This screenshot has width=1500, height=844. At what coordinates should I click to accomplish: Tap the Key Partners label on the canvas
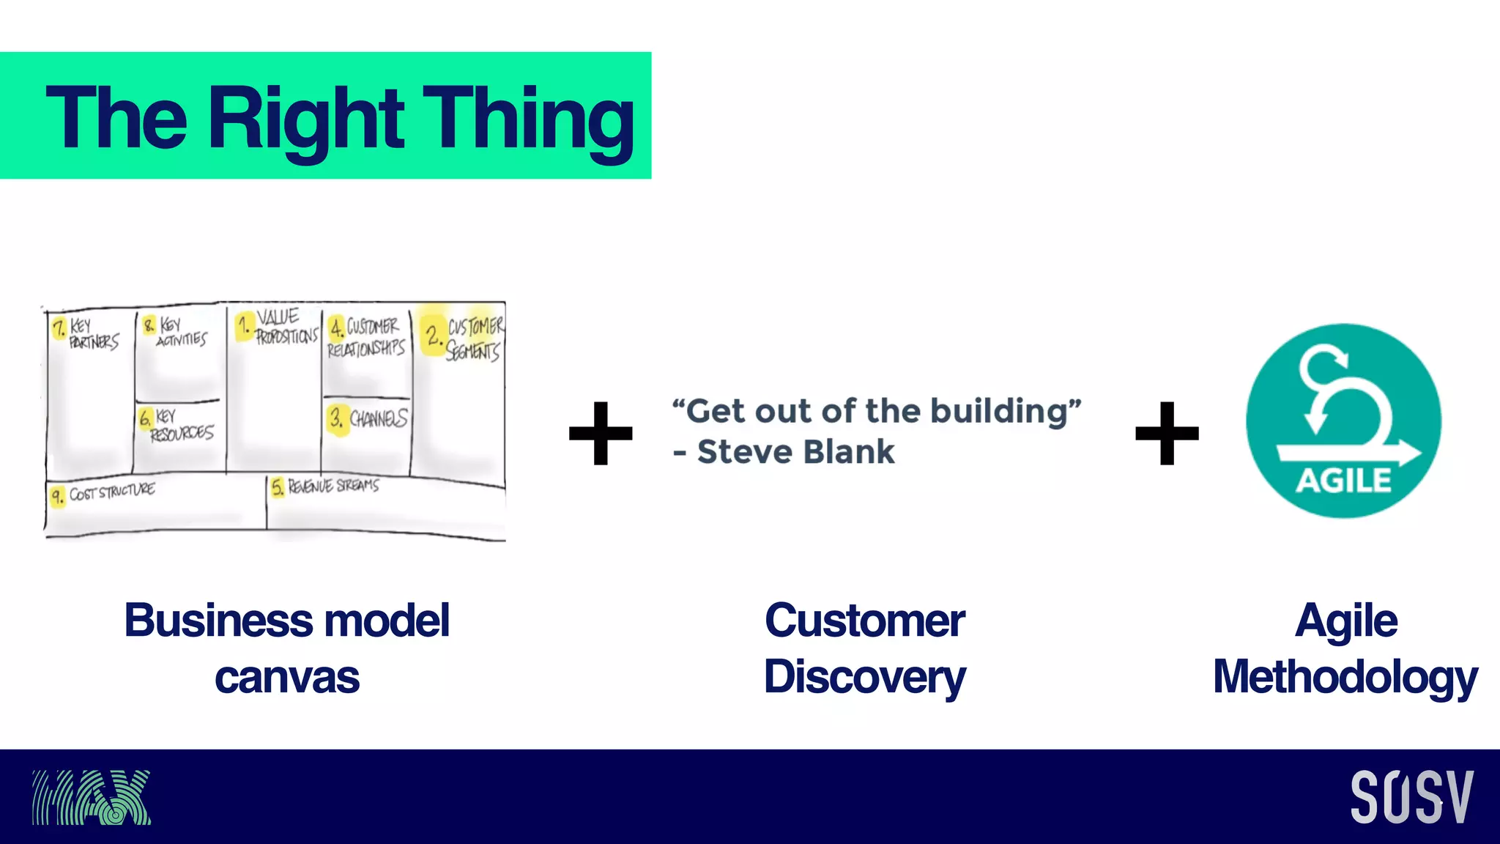92,333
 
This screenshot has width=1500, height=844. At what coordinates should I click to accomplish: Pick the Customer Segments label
473,338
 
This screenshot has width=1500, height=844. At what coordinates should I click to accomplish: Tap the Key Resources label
180,426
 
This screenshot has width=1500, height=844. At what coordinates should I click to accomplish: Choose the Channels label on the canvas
376,418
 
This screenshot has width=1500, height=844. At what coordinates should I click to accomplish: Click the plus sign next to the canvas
601,433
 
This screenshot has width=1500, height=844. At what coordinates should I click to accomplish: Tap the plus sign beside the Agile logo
1167,433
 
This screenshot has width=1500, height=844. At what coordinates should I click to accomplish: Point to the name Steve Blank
795,452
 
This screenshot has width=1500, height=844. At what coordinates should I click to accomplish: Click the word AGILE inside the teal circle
1343,481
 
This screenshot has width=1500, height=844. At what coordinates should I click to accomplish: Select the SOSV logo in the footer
1411,797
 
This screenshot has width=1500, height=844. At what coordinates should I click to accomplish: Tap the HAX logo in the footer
91,797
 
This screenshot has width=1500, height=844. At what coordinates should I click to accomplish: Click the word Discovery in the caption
864,676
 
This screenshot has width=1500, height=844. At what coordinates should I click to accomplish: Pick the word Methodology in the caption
1345,676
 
